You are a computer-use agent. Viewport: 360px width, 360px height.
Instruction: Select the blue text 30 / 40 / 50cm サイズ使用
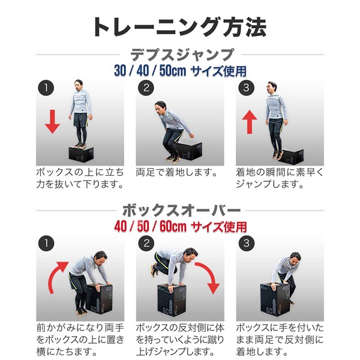click(180, 71)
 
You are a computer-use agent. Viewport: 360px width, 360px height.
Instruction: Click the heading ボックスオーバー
click(180, 211)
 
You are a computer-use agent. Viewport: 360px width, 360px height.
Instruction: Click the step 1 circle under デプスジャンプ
click(46, 88)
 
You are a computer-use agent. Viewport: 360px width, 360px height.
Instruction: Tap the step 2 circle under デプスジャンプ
click(145, 88)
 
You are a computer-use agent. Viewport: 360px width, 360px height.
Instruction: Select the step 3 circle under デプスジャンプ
click(244, 88)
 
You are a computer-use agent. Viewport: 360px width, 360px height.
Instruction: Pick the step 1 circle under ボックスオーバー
click(46, 244)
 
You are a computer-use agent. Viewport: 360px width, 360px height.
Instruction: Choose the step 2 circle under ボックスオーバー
click(145, 244)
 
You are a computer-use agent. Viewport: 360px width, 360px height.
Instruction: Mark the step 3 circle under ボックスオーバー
click(244, 244)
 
